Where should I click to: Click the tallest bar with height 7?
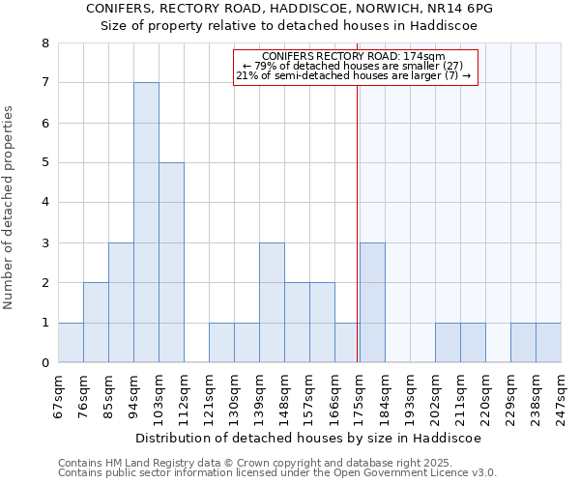click(x=146, y=222)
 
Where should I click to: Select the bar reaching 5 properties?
click(x=171, y=263)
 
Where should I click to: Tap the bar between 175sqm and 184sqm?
click(x=372, y=302)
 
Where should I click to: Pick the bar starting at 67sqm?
click(x=71, y=342)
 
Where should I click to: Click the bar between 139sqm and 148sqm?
click(x=272, y=302)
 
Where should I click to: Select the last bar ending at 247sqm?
click(x=548, y=342)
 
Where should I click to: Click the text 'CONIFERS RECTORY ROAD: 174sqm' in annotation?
click(x=353, y=57)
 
